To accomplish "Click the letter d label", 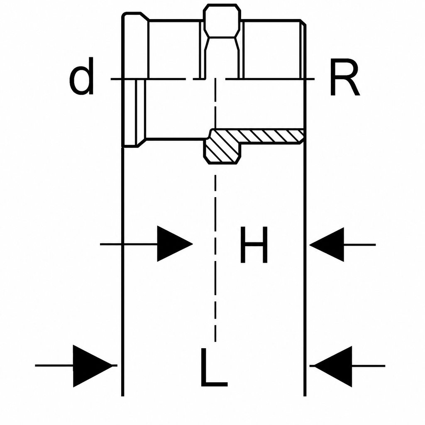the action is (81, 76).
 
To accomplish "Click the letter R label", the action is (345, 78).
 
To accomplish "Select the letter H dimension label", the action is (254, 245).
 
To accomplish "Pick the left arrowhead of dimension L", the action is (93, 366).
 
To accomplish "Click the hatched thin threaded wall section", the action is (271, 136).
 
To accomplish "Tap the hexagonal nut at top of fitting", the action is (222, 20).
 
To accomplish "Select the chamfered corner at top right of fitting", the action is (303, 22).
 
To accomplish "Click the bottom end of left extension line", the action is (123, 396).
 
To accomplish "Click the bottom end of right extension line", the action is (305, 396).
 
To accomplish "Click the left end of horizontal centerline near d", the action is (111, 79).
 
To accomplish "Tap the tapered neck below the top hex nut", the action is (222, 57).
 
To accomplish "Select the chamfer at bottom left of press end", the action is (142, 143).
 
